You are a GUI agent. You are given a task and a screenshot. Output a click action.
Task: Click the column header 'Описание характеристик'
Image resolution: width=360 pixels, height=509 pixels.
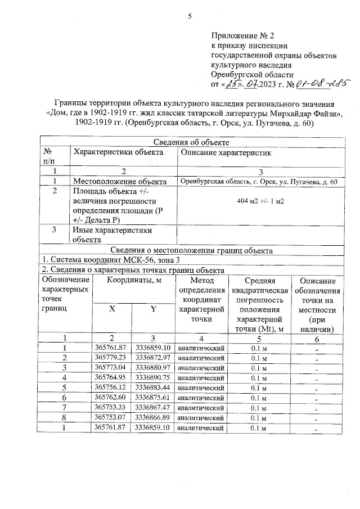[224, 152]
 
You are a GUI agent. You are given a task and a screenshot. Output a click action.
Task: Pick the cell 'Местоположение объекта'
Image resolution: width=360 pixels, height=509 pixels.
[120, 182]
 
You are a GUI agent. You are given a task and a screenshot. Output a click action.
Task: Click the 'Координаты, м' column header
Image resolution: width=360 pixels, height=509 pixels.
[133, 281]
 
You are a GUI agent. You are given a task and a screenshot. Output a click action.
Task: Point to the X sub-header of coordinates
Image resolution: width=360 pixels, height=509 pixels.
[112, 309]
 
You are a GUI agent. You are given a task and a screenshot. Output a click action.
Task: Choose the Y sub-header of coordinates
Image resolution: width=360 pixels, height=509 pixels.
[153, 309]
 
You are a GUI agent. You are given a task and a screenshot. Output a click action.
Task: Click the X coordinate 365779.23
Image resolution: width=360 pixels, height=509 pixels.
[111, 358]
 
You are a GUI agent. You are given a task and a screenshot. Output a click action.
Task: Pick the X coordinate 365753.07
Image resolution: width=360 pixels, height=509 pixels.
[111, 418]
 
